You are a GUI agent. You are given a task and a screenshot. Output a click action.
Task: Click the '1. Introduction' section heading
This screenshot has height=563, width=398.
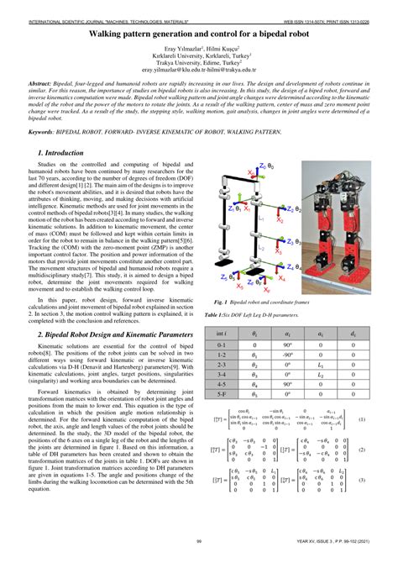pyautogui.click(x=67, y=153)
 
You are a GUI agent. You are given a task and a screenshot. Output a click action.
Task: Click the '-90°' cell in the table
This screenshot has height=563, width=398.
pyautogui.click(x=286, y=355)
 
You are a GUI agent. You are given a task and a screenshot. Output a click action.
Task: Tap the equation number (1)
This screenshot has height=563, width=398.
pyautogui.click(x=361, y=419)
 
